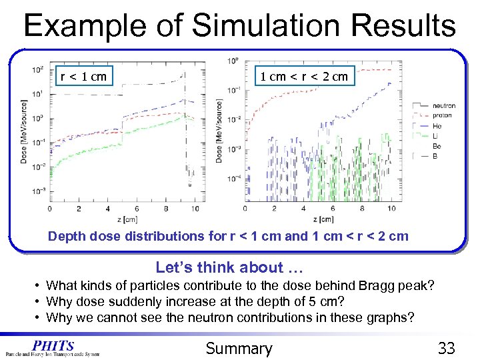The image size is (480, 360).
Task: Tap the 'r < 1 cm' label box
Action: click(x=83, y=76)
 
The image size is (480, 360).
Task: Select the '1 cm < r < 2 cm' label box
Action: click(x=303, y=76)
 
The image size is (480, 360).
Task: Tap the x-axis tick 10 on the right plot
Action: click(x=391, y=209)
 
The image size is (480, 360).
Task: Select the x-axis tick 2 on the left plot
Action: click(x=79, y=209)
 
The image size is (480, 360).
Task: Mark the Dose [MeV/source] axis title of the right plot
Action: click(x=219, y=131)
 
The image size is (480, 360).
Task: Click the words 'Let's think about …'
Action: click(x=229, y=268)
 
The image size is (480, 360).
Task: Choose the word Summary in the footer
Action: click(x=239, y=348)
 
